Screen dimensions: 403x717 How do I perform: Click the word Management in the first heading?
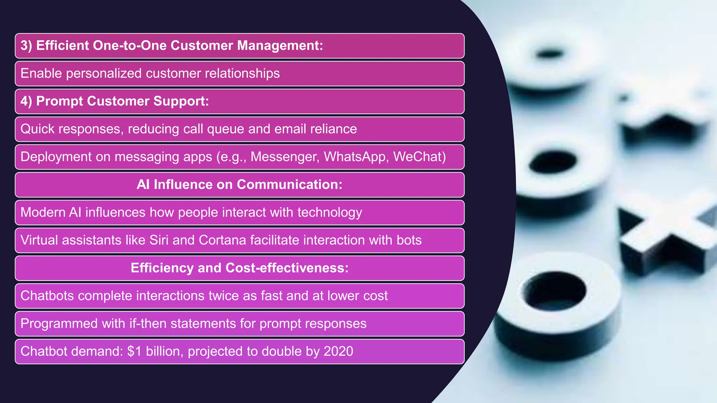point(280,46)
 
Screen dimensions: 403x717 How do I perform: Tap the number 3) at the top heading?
point(26,46)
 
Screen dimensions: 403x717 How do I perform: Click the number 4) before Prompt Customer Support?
point(26,101)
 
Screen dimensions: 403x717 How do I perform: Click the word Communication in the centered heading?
point(290,185)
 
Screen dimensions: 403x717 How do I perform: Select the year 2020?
point(338,351)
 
